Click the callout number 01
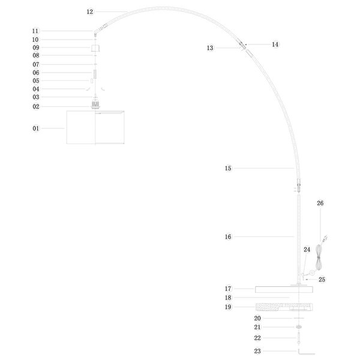coord(35,128)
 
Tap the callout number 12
coord(90,11)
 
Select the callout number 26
coord(320,203)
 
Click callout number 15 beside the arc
coord(228,169)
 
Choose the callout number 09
coord(35,47)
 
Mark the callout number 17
coord(228,289)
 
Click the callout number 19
coord(228,307)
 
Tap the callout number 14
coord(275,44)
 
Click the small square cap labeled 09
coord(95,48)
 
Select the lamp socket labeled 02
coord(95,106)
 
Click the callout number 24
coord(307,250)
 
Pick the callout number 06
coord(35,73)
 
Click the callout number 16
coord(228,237)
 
